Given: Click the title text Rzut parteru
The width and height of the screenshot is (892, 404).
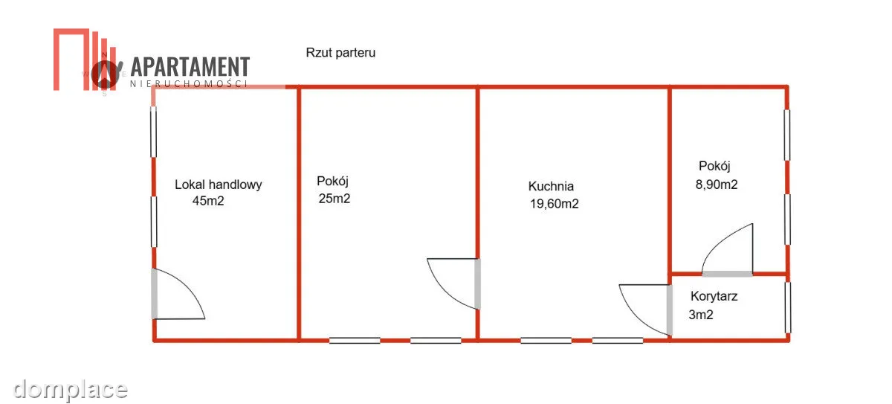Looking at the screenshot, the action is pos(340,53).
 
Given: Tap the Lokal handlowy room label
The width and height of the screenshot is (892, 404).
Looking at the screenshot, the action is pos(219,185).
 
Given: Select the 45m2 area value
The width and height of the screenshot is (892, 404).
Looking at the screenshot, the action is pos(208,200).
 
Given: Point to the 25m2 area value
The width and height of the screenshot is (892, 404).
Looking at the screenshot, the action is pos(334,198).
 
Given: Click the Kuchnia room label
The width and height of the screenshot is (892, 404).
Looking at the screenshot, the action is pos(551,186).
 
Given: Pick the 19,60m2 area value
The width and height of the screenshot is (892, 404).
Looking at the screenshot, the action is pos(554,204).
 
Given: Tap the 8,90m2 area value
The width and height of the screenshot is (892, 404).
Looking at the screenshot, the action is pos(717,185).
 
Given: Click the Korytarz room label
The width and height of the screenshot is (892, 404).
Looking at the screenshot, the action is pos(714,296).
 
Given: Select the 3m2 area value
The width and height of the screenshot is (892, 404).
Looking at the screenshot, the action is pos(701,315).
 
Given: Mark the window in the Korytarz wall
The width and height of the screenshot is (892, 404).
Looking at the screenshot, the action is pos(788,307).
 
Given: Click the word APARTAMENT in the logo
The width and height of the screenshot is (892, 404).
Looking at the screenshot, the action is pos(190,66).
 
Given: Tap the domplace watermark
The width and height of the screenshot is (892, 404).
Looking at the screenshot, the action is pos(70,390).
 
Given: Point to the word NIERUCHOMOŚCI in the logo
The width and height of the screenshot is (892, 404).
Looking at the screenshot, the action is pos(189,83).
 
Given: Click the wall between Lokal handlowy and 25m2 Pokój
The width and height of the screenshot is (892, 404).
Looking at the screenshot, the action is pos(299,214).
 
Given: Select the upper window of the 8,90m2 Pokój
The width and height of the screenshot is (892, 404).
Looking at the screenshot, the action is pos(787,135).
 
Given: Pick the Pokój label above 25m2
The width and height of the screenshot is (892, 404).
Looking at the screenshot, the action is pos(332,182).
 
